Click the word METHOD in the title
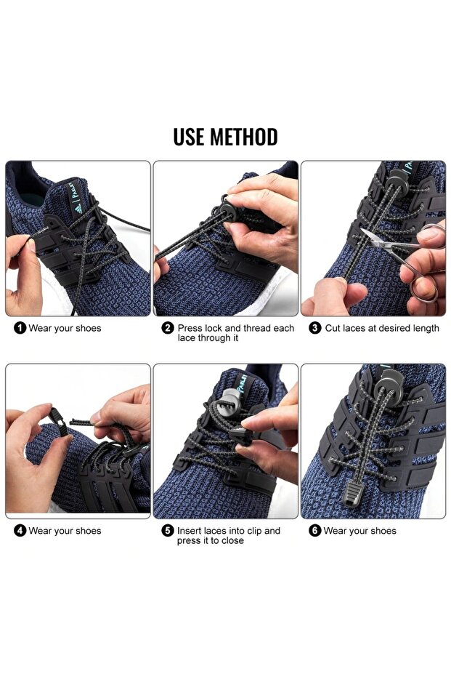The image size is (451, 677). pos(243,137)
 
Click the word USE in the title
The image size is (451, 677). pos(189,137)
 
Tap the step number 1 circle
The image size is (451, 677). pos(20,328)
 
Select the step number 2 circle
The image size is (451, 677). pos(168,328)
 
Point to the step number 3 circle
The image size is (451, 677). pos(315,328)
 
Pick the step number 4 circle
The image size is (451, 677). pos(20,531)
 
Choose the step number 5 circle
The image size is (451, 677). pos(168,531)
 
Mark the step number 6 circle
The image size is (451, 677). pos(315,531)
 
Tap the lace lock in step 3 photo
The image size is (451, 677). pos(397,181)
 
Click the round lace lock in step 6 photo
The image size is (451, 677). pos(389,385)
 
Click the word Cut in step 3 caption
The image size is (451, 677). pos(333,328)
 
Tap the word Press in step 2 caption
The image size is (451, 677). pos(190,328)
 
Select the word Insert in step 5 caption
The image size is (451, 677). pos(189,531)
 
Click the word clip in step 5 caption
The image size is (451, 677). pos(252,531)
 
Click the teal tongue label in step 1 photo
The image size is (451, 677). pos(76,199)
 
